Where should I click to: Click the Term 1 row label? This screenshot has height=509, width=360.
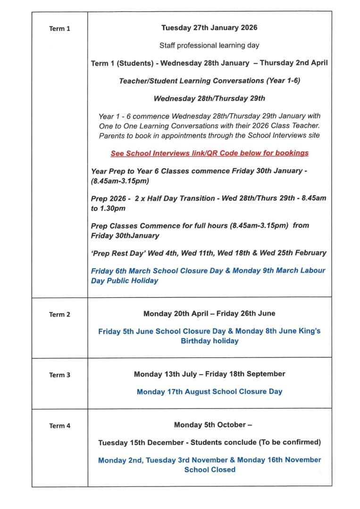click(59, 29)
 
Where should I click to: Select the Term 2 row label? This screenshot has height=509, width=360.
click(59, 315)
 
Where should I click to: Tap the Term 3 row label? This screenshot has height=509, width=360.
click(59, 375)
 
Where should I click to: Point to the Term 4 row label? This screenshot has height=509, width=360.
click(59, 426)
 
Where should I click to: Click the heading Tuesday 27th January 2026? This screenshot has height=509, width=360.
click(209, 28)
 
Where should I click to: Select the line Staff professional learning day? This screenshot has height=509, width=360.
click(209, 46)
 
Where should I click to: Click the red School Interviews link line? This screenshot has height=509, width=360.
click(209, 153)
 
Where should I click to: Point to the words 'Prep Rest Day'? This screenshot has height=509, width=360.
click(118, 253)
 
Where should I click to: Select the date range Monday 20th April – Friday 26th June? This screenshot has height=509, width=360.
click(209, 313)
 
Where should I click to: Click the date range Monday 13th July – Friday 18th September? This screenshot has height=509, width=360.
click(209, 374)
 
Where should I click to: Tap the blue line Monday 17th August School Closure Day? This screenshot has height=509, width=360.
click(209, 392)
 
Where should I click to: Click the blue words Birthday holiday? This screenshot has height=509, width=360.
click(209, 341)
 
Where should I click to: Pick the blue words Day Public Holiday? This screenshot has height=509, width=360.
click(125, 281)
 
